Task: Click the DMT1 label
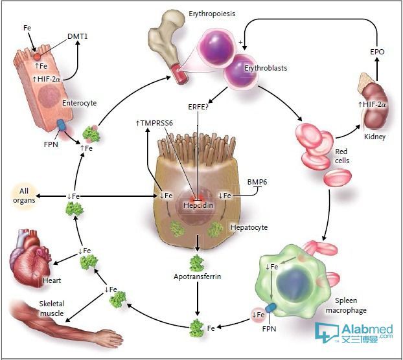pos(77,36)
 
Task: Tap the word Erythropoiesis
pos(212,14)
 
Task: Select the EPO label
pos(377,52)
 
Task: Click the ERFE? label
pos(198,107)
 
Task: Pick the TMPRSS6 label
pos(154,123)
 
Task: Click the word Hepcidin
pos(198,205)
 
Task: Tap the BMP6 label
pos(257,182)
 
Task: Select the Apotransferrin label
pos(197,276)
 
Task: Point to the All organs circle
pos(24,196)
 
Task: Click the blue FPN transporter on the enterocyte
pos(62,124)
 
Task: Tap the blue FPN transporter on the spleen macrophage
pos(271,308)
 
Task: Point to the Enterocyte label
pos(79,103)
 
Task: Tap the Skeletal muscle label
pos(51,308)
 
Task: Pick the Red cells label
pos(342,156)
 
